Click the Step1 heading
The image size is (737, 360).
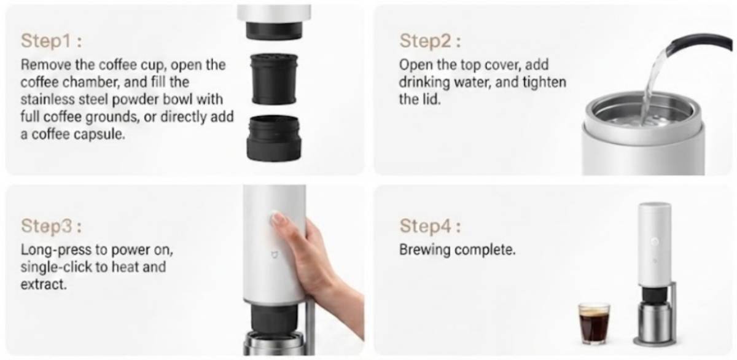52,41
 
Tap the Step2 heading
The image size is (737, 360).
430,41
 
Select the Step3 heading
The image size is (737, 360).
52,225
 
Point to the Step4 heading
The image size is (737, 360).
431,225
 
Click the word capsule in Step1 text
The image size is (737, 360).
99,135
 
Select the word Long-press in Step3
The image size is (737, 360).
56,250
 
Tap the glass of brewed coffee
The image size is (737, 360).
595,324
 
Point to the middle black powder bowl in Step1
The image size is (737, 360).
274,79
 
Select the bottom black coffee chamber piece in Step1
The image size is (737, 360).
274,138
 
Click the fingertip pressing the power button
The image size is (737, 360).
278,218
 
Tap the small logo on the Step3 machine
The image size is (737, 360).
274,254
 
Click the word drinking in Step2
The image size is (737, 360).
424,82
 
